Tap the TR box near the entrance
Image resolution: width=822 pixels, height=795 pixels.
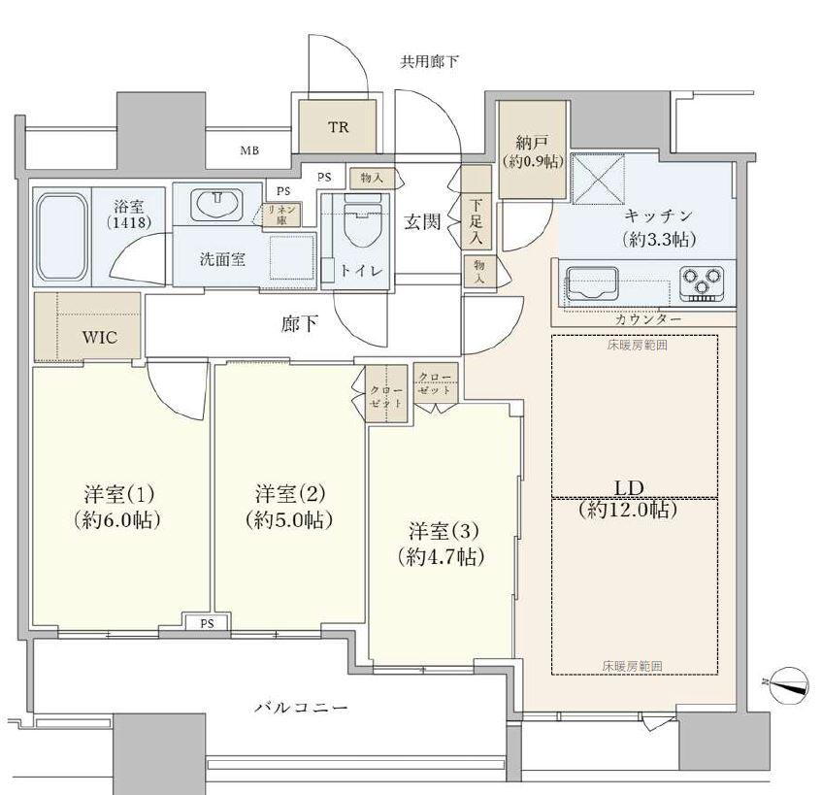pyautogui.click(x=338, y=127)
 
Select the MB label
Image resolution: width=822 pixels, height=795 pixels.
pyautogui.click(x=249, y=151)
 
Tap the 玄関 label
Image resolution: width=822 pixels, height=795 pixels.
pyautogui.click(x=424, y=222)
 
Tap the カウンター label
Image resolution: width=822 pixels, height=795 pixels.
pyautogui.click(x=647, y=319)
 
